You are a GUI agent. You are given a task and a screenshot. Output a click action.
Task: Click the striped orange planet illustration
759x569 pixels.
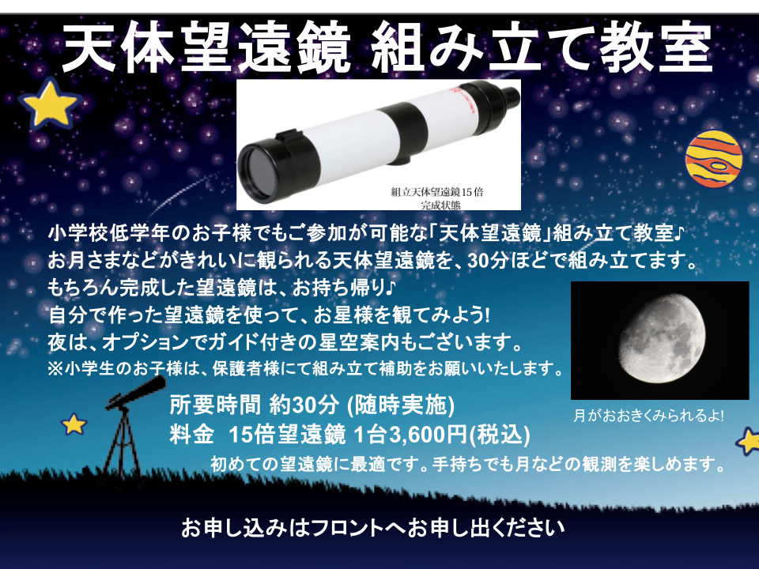pos(713,158)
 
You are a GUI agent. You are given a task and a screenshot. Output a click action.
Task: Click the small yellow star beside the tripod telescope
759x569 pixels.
pos(74,424)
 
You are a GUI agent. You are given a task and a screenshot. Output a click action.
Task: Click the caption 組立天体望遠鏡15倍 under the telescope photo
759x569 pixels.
pos(436,192)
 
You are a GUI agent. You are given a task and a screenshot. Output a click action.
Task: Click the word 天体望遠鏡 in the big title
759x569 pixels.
pos(206,49)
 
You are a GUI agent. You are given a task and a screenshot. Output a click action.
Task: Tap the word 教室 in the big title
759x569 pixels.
pos(655,49)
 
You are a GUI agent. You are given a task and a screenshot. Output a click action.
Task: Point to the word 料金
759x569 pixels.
pos(191,435)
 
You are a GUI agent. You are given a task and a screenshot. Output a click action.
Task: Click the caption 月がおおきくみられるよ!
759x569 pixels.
pos(648,416)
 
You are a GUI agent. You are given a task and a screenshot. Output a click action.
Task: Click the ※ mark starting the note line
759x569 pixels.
pos(55,369)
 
